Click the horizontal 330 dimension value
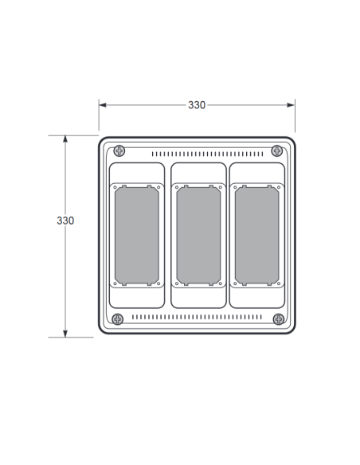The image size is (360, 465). [x=197, y=105]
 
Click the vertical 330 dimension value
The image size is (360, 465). [x=65, y=221]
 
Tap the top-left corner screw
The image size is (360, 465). [x=119, y=151]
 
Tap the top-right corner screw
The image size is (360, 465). [x=277, y=151]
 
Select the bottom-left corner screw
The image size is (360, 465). [x=118, y=319]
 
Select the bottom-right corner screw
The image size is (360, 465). [x=279, y=319]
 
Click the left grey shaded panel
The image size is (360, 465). [x=137, y=235]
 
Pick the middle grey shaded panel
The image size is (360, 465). [x=198, y=235]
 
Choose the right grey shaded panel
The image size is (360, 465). [x=256, y=235]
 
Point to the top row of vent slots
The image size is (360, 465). [x=207, y=154]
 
